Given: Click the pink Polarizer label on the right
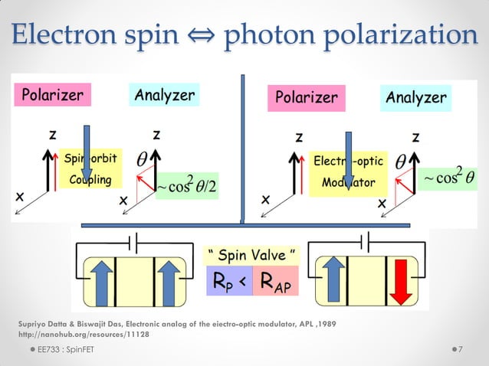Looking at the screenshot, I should [307, 98].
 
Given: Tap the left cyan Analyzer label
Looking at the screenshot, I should [164, 95].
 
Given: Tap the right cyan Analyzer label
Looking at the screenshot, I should [415, 98].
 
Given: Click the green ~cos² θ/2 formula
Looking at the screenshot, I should [186, 185].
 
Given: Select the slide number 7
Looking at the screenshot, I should [459, 350].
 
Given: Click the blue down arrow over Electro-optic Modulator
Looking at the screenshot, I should [349, 158].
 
